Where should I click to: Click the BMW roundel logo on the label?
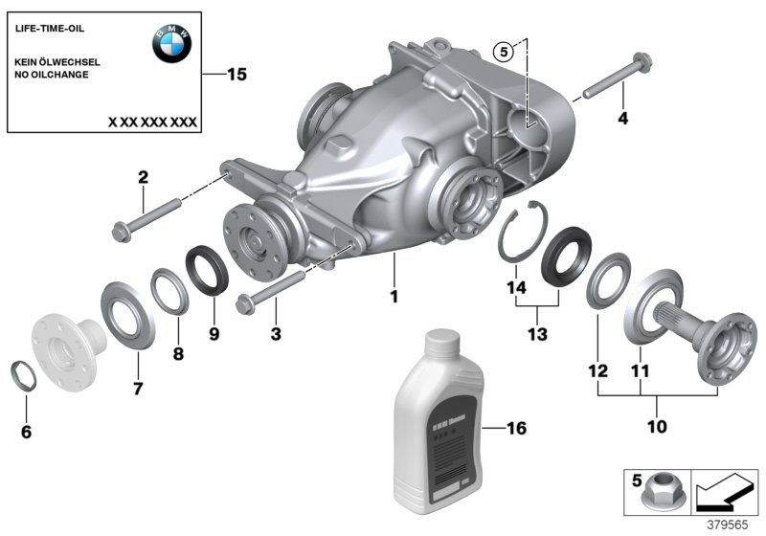click(172, 43)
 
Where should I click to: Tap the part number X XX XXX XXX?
click(152, 123)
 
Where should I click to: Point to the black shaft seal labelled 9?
click(207, 267)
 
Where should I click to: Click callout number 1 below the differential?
click(394, 297)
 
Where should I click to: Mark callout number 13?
click(536, 333)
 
